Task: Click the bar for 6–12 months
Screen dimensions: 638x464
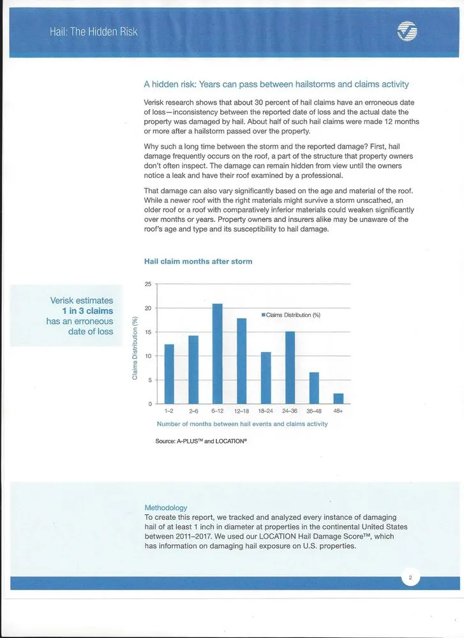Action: pos(217,354)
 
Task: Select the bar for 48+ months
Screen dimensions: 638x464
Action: pos(338,399)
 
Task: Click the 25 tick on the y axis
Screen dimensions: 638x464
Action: pos(148,285)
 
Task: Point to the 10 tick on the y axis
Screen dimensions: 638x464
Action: pos(148,356)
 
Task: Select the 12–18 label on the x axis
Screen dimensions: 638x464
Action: pos(241,412)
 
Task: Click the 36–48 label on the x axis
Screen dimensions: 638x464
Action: pos(314,412)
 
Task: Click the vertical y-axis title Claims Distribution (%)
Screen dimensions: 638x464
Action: pos(135,348)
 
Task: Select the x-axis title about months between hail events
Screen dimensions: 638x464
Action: pos(242,424)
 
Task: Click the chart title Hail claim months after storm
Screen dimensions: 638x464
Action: pos(198,262)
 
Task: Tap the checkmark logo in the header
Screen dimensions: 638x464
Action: pos(407,31)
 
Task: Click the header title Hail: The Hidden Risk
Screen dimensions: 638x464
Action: pos(93,31)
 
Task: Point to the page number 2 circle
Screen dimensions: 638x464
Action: pos(410,579)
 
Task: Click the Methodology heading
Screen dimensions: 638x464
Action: pos(166,508)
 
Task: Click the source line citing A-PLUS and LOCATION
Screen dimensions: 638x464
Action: pos(201,441)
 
